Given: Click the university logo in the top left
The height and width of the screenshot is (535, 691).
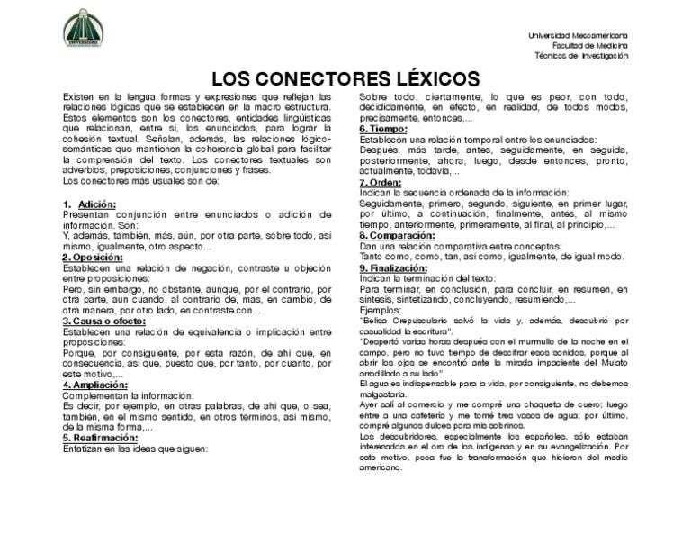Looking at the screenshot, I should pyautogui.click(x=83, y=29).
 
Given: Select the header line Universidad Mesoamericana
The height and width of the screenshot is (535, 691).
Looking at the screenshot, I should pyautogui.click(x=579, y=35).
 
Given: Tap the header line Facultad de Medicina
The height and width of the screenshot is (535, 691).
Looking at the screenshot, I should pyautogui.click(x=590, y=44).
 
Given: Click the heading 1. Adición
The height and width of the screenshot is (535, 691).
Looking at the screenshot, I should pyautogui.click(x=89, y=205).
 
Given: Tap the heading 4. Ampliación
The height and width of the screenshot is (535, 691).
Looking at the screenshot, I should pyautogui.click(x=99, y=384).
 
